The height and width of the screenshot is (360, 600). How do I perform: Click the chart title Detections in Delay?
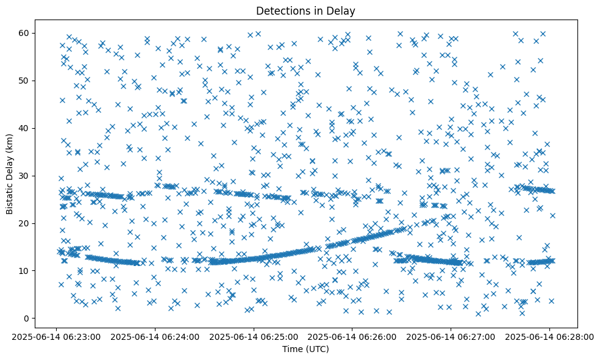[305, 10]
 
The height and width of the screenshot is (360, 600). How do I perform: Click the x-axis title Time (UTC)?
[305, 349]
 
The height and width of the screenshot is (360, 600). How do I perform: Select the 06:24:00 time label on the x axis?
[155, 336]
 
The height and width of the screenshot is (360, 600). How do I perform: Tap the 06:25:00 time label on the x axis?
[254, 336]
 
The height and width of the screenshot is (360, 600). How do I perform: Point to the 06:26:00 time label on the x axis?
[352, 336]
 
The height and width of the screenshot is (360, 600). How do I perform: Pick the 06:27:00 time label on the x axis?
[451, 336]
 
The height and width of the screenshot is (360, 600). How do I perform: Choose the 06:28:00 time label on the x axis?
[549, 336]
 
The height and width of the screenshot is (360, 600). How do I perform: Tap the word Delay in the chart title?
[342, 10]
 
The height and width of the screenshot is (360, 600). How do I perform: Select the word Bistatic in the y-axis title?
[10, 197]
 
